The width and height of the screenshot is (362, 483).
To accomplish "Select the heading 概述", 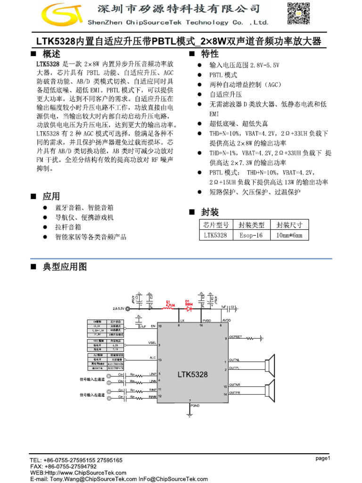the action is [51, 54].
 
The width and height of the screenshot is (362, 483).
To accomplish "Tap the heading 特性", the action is [210, 54].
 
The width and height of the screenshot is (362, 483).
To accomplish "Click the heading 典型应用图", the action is [65, 267].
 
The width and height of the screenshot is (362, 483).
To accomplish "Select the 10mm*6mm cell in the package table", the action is [289, 235].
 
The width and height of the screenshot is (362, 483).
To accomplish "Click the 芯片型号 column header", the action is [216, 225].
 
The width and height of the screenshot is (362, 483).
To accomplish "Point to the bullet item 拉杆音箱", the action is [68, 227].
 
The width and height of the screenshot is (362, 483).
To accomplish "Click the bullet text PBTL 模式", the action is [223, 75].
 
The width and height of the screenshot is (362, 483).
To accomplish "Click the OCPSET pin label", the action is [236, 337].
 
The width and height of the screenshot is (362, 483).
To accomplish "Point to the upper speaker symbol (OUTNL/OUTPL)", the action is [270, 365].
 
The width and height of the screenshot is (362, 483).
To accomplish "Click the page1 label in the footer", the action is [323, 458].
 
